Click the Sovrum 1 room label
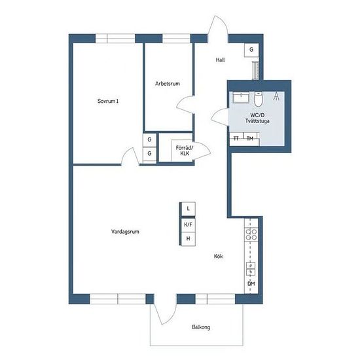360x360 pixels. [x=108, y=101]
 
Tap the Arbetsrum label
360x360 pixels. [x=168, y=84]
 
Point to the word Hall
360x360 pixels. [x=220, y=60]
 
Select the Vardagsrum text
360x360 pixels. [x=125, y=232]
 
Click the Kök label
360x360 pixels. [x=218, y=256]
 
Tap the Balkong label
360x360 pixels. [x=201, y=327]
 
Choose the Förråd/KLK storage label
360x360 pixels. [x=185, y=151]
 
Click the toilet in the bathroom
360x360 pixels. [x=258, y=99]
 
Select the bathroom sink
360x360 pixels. [x=241, y=98]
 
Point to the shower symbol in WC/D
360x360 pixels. [x=276, y=96]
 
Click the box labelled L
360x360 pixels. [x=188, y=209]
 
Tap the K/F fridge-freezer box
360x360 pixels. [x=188, y=225]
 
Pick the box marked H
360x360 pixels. [x=188, y=239]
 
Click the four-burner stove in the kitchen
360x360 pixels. [x=251, y=234]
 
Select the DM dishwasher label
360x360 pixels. [x=251, y=284]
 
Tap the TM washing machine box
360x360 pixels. [x=251, y=139]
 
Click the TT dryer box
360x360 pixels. [x=236, y=139]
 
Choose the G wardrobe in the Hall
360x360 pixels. [x=251, y=50]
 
